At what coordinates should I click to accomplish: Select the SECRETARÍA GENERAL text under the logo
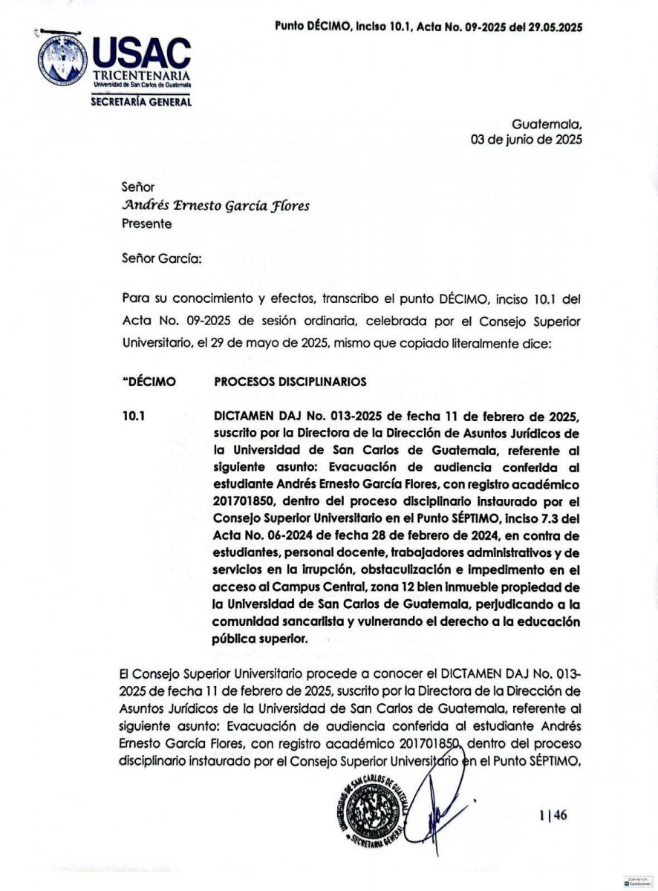click(141, 102)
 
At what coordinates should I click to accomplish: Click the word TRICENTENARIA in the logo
click(141, 76)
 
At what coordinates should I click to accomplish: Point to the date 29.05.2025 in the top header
click(553, 27)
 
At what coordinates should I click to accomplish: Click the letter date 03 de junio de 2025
click(527, 140)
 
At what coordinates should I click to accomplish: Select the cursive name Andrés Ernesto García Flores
click(215, 206)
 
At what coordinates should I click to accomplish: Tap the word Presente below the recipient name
click(146, 223)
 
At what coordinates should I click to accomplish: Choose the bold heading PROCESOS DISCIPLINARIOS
click(290, 382)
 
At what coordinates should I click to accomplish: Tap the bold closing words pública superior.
click(260, 638)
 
